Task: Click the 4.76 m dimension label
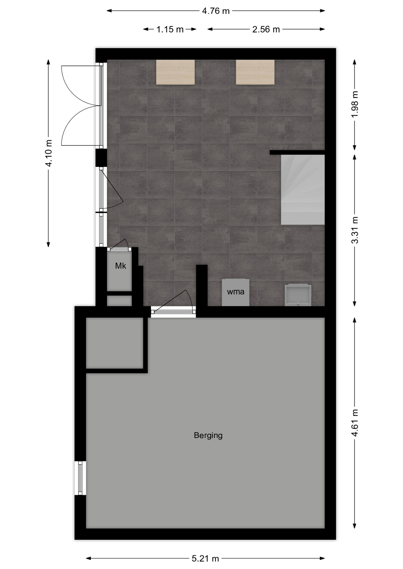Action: pyautogui.click(x=216, y=11)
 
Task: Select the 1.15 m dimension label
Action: pyautogui.click(x=170, y=29)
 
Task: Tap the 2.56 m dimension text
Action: pyautogui.click(x=266, y=29)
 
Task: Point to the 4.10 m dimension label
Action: pyautogui.click(x=49, y=153)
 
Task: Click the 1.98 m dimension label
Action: pyautogui.click(x=355, y=104)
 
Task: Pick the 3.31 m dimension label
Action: pyautogui.click(x=355, y=230)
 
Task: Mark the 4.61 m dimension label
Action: pyautogui.click(x=355, y=423)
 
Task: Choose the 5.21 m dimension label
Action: pyautogui.click(x=205, y=559)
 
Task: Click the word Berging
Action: pyautogui.click(x=208, y=435)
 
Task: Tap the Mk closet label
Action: pyautogui.click(x=120, y=266)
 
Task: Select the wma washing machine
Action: pyautogui.click(x=236, y=292)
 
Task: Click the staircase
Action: pyautogui.click(x=303, y=190)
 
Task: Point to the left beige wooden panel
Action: pyautogui.click(x=175, y=72)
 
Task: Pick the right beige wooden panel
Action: pyautogui.click(x=255, y=72)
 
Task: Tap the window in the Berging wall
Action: pyautogui.click(x=80, y=478)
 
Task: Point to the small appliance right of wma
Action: pyautogui.click(x=298, y=295)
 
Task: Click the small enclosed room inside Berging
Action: pyautogui.click(x=115, y=343)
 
